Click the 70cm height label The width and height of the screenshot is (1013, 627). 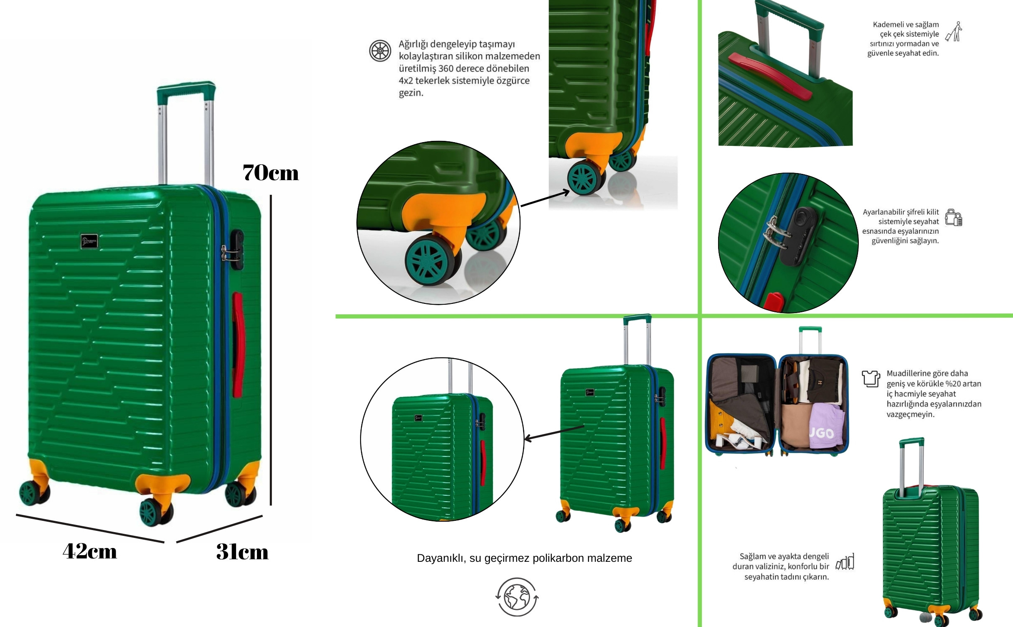[271, 173]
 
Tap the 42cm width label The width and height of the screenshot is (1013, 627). [90, 551]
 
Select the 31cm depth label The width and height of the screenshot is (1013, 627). [242, 552]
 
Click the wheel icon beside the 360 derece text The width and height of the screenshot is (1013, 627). [380, 51]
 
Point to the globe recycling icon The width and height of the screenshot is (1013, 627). [517, 597]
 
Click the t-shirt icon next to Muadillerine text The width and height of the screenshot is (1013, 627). [871, 379]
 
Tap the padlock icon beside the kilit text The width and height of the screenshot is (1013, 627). [954, 218]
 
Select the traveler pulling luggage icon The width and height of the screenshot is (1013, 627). [954, 32]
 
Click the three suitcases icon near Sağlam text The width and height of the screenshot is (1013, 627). [845, 562]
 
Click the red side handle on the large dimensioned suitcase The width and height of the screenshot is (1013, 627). [237, 344]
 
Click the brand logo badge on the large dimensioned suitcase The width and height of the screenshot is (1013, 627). [89, 241]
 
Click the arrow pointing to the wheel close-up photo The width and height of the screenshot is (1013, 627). [545, 199]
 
